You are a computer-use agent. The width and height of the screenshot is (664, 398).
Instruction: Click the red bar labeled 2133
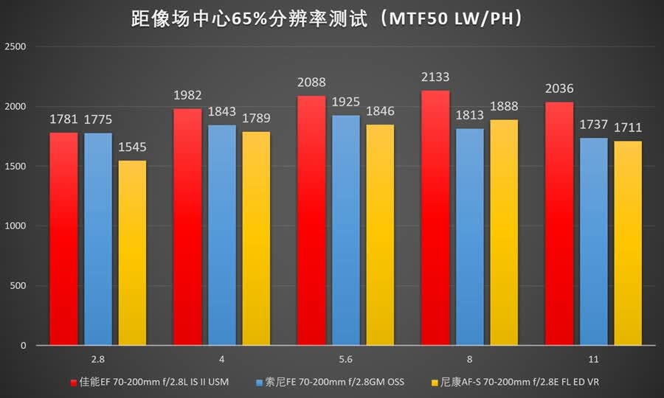click(435, 218)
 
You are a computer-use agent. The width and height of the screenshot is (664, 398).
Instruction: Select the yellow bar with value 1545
click(132, 253)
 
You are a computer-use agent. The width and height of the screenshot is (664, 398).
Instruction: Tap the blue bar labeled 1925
click(346, 231)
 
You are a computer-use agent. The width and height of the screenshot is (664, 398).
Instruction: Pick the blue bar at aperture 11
click(594, 242)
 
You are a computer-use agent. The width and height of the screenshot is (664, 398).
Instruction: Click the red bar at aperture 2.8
click(63, 239)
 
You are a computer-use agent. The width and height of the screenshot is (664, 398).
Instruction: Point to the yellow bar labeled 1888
click(504, 233)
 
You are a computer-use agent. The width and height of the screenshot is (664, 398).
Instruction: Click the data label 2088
click(311, 82)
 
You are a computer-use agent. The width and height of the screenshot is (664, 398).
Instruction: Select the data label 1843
click(221, 111)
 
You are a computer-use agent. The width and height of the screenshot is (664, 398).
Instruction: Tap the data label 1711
click(628, 128)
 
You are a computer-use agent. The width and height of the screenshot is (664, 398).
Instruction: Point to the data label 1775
click(98, 119)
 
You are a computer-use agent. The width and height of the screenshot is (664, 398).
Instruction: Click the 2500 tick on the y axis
click(15, 46)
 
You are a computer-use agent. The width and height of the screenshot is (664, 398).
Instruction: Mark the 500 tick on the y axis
click(18, 285)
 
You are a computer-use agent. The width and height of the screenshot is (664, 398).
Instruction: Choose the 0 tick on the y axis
click(24, 346)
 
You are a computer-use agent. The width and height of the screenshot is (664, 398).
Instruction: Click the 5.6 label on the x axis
click(345, 360)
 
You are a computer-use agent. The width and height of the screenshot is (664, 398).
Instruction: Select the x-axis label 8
click(469, 360)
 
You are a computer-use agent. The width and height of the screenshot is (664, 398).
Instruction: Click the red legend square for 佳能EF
click(74, 383)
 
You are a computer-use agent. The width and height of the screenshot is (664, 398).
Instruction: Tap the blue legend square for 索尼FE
click(260, 383)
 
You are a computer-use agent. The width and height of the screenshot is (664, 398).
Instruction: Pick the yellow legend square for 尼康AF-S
click(435, 383)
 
